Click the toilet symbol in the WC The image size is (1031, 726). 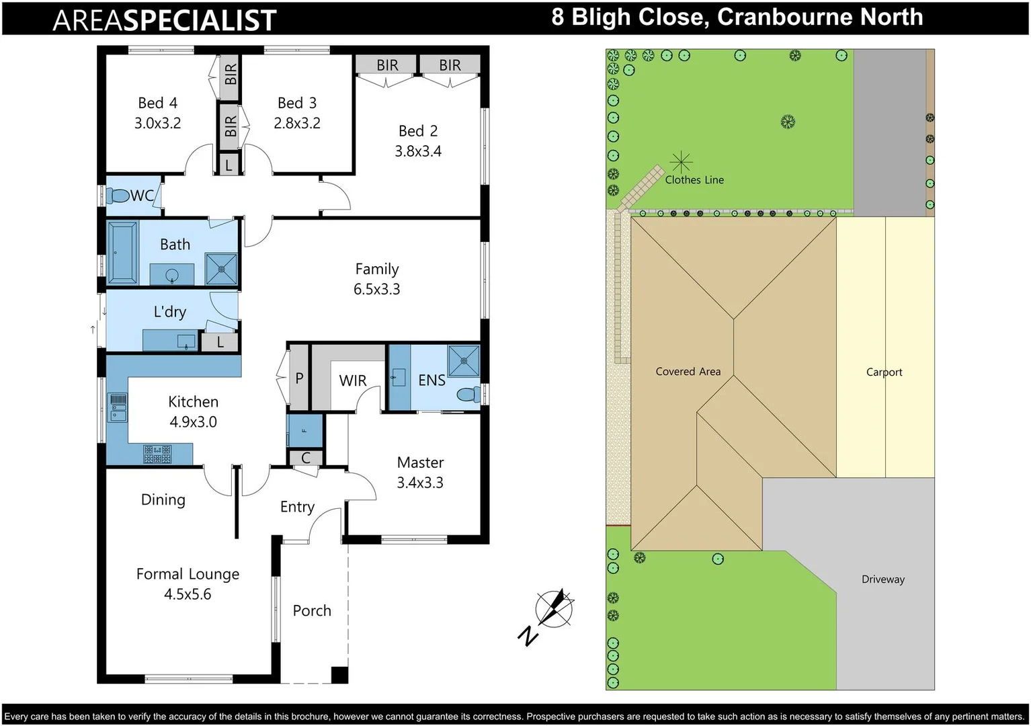(x=119, y=196)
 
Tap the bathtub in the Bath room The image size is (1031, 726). (x=122, y=253)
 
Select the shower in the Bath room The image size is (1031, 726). (x=221, y=269)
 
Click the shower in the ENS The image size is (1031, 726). (x=464, y=361)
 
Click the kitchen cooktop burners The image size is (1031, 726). (x=157, y=454)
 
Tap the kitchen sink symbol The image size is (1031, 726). (x=118, y=407)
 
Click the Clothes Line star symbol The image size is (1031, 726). (x=681, y=162)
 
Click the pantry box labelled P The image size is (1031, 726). (x=299, y=378)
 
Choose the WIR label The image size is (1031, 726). (x=353, y=381)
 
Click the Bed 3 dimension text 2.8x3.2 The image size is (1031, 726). (x=297, y=124)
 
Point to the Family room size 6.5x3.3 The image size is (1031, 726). (x=376, y=290)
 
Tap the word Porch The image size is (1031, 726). (x=312, y=611)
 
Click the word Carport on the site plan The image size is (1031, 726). (x=884, y=372)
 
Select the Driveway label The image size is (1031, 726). (x=882, y=579)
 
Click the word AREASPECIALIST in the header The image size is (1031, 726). (x=165, y=20)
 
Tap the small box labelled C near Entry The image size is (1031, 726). (x=306, y=458)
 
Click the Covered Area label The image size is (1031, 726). (x=688, y=372)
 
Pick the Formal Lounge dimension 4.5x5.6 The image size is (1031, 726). (x=188, y=595)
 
